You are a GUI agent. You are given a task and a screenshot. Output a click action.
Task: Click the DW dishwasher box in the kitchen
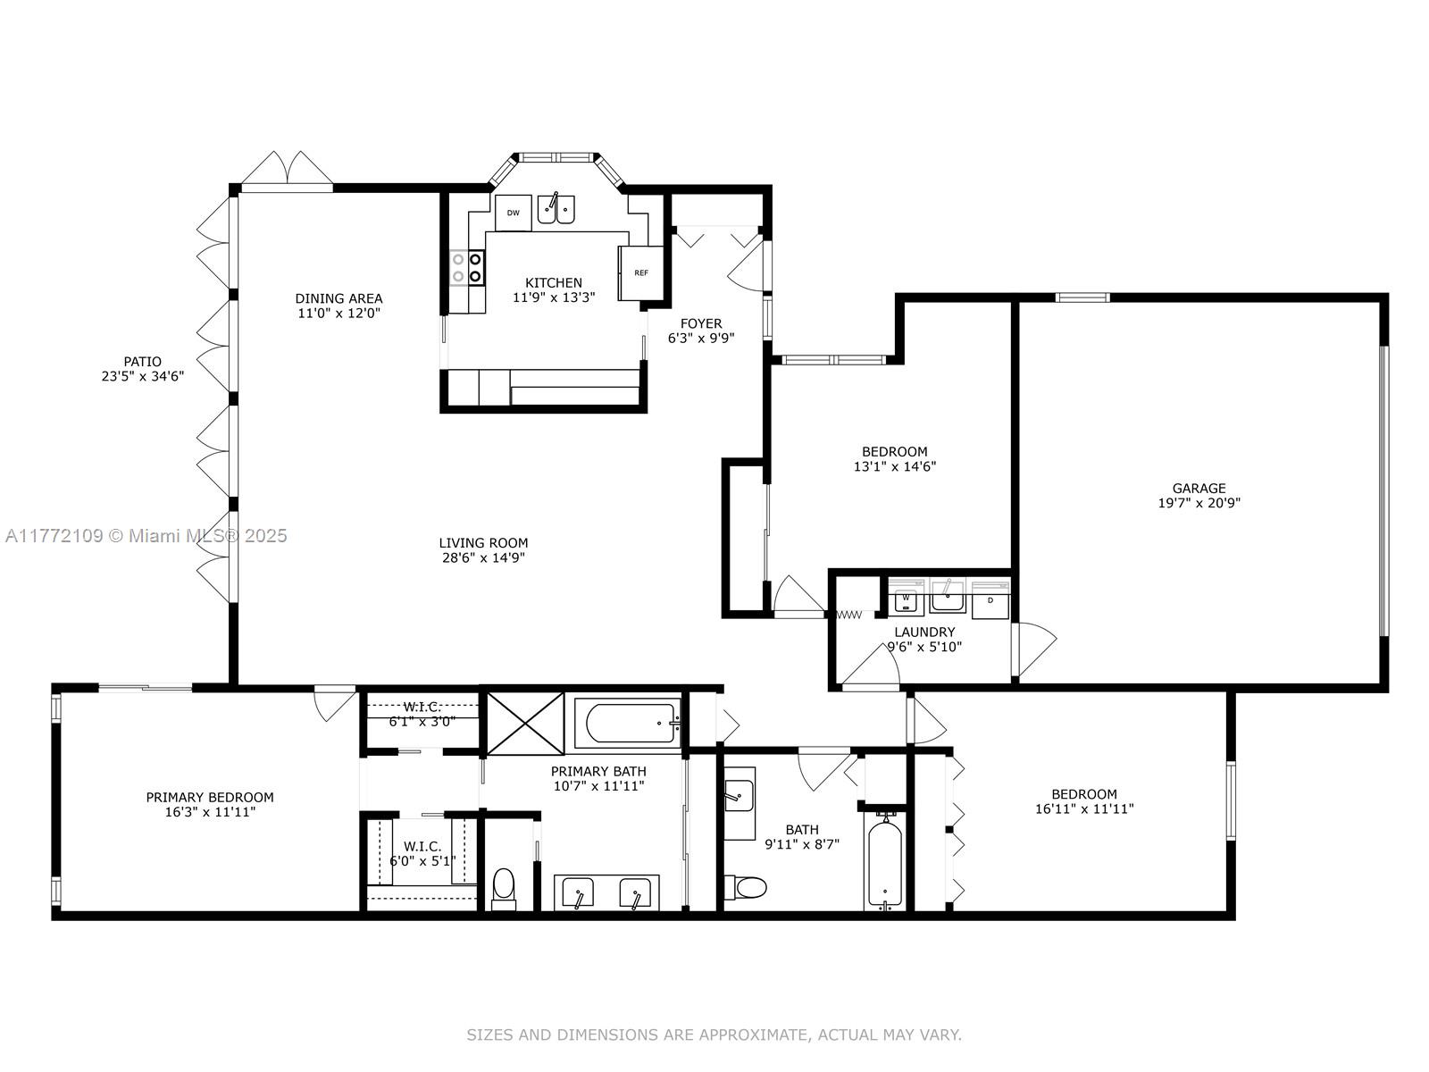click(x=513, y=213)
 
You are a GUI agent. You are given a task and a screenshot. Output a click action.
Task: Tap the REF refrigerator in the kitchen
click(x=640, y=272)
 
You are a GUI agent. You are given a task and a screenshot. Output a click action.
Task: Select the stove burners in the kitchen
click(x=467, y=267)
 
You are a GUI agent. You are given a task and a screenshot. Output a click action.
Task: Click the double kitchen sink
click(x=556, y=209)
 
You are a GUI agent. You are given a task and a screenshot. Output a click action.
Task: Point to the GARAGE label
click(x=1199, y=488)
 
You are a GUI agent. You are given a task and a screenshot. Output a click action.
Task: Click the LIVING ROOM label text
click(x=483, y=542)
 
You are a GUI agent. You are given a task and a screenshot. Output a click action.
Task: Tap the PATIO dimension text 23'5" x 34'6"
click(x=143, y=376)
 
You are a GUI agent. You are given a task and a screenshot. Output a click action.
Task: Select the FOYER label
click(x=701, y=323)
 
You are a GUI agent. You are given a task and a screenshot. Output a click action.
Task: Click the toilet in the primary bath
click(x=503, y=889)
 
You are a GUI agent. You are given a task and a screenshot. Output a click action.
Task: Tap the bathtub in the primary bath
click(x=632, y=723)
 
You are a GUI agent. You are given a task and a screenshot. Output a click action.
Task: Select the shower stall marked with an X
click(x=525, y=723)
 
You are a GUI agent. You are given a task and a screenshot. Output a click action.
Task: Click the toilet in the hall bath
click(x=746, y=886)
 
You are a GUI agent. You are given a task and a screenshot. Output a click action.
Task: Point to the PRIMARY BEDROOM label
click(x=210, y=797)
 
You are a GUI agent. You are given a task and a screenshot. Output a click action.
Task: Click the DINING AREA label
click(x=338, y=298)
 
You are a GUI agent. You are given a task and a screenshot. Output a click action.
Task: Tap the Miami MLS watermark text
click(x=146, y=536)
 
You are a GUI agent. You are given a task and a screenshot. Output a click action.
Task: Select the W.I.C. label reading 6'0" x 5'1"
click(x=422, y=853)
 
